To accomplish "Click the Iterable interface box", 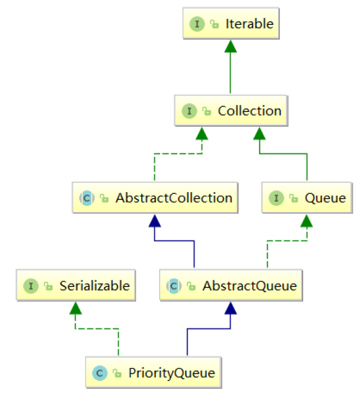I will tap(232, 24).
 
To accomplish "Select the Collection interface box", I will tap(232, 111).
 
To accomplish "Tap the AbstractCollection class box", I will tap(155, 198).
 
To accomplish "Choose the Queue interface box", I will tap(307, 198).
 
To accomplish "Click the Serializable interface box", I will tap(76, 286).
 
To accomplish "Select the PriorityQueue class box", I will tap(154, 373).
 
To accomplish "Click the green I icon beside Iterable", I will tap(196, 24).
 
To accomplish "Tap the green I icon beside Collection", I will tap(189, 111).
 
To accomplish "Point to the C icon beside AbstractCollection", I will tap(87, 199).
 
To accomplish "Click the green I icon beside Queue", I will tap(276, 199).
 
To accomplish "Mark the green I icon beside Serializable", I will tap(31, 286).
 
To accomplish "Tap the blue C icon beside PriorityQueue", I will tap(100, 373).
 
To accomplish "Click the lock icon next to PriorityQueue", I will tap(116, 374).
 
